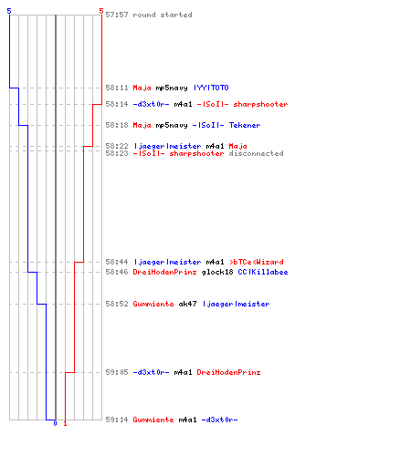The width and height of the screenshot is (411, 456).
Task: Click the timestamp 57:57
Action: [x=117, y=15]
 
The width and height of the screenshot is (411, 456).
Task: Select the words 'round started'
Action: [x=163, y=15]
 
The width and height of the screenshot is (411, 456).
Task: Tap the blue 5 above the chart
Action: [x=9, y=11]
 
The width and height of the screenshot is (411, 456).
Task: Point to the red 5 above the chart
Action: [x=101, y=11]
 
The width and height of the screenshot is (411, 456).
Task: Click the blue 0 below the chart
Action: [x=55, y=423]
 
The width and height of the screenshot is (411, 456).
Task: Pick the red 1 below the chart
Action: [x=65, y=423]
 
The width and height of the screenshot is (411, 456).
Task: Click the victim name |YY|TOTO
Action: [x=211, y=88]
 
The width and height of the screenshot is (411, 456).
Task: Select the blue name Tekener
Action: [x=245, y=125]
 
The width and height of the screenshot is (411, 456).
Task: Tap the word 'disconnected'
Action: [x=256, y=153]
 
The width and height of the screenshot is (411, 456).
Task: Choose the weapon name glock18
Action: [x=217, y=272]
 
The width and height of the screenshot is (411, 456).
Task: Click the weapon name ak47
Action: [x=187, y=304]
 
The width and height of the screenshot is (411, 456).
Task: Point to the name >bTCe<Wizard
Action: [x=256, y=262]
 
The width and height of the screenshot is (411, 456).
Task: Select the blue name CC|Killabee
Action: [x=263, y=272]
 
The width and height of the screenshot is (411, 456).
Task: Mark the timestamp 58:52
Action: [x=117, y=304]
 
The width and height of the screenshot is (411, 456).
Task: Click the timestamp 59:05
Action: [x=117, y=372]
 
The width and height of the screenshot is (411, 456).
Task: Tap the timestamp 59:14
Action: [x=117, y=420]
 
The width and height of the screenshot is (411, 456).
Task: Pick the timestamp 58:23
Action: [x=117, y=153]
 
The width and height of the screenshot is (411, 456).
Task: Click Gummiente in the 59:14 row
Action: [x=153, y=420]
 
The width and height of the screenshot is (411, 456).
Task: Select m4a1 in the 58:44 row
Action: [x=215, y=262]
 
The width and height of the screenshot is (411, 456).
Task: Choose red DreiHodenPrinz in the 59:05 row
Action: [x=228, y=372]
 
